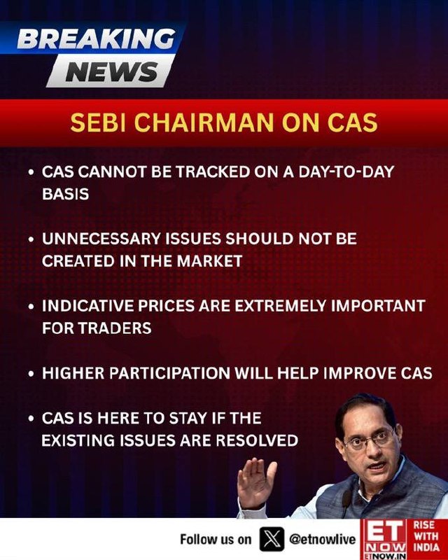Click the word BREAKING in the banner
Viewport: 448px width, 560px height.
[97, 38]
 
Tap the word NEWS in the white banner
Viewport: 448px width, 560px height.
[112, 72]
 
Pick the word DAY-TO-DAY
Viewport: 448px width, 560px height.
[346, 171]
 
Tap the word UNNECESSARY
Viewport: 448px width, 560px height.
[101, 239]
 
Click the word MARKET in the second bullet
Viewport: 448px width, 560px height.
[210, 261]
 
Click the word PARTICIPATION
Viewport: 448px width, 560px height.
[169, 373]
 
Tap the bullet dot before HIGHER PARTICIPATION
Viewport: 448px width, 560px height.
[31, 374]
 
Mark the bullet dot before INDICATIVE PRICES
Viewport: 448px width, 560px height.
[31, 307]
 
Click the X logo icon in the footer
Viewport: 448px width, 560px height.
[272, 539]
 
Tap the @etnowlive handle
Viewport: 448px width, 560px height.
[323, 539]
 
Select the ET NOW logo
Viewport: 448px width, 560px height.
[384, 539]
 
